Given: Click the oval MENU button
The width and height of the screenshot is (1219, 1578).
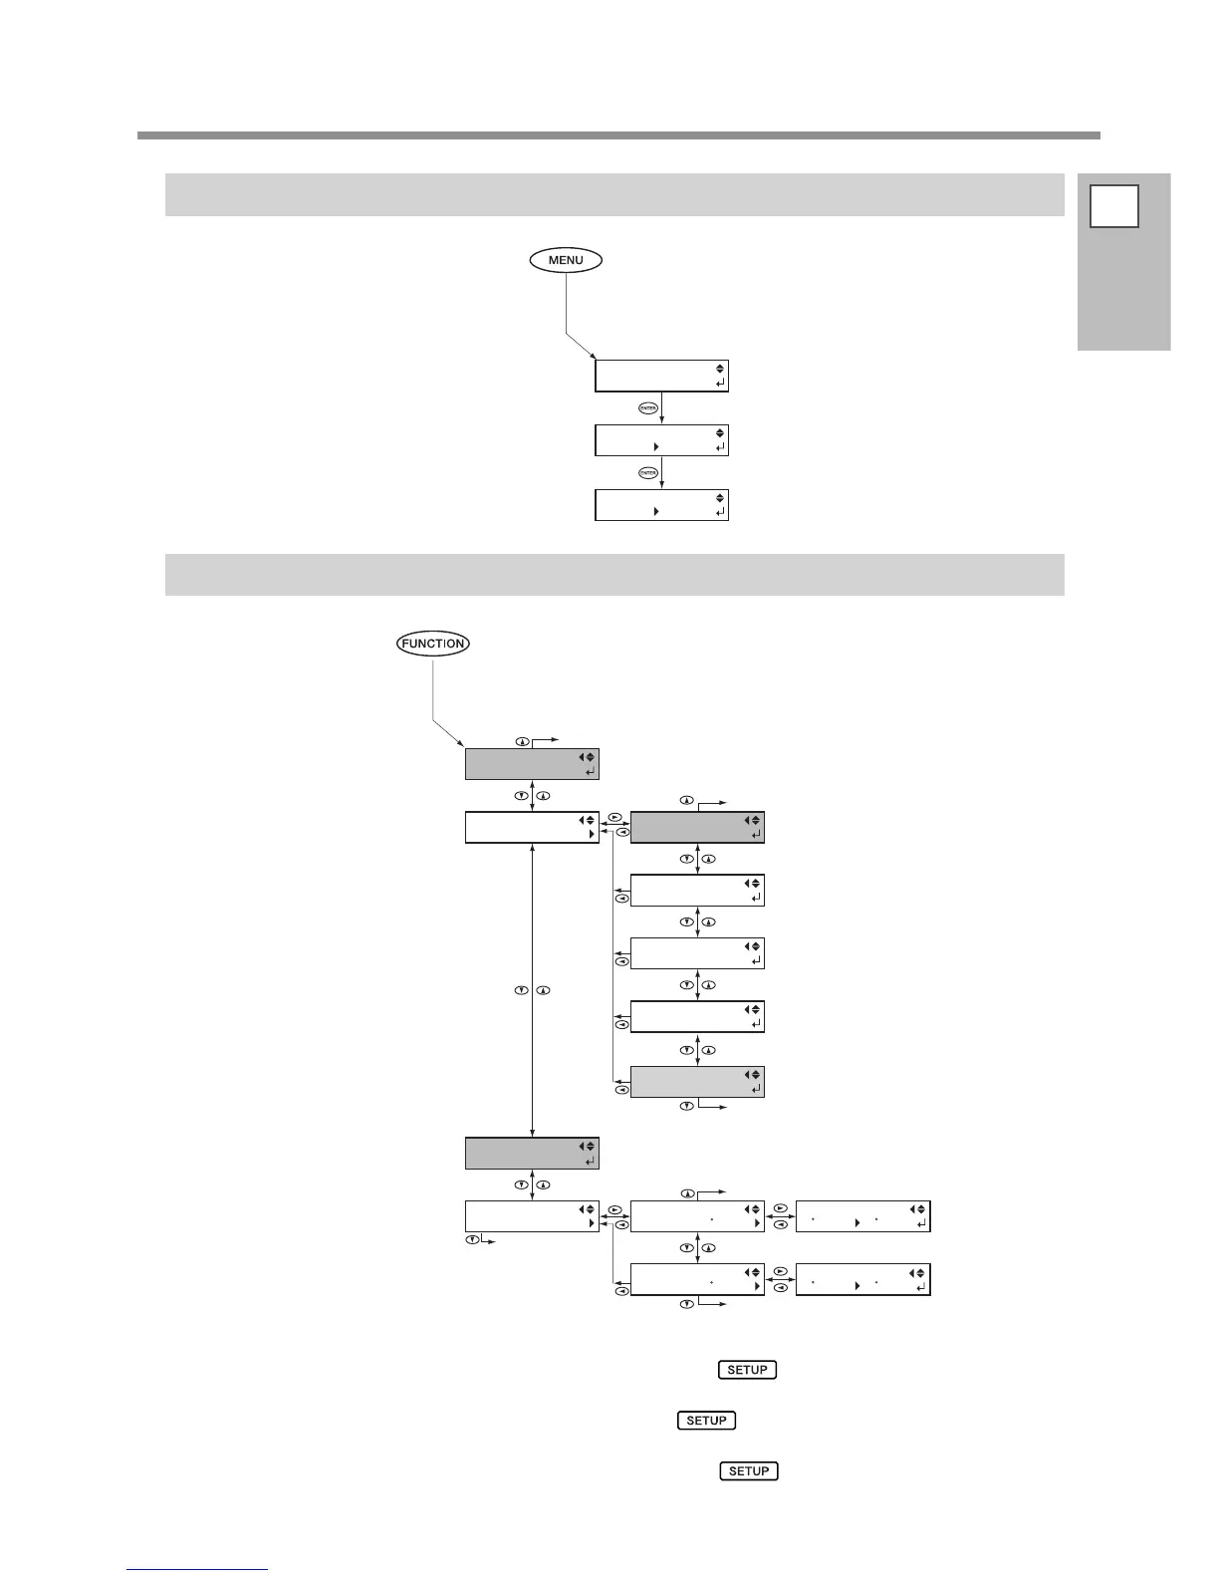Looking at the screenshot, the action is click(566, 260).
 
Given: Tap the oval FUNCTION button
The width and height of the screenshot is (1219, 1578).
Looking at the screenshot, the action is click(433, 644).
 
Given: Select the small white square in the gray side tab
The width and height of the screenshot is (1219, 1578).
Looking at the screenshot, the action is click(1113, 206).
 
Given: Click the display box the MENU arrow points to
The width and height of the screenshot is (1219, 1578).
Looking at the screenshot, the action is click(661, 376).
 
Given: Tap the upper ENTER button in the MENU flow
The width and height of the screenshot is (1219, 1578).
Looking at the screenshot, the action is click(647, 408).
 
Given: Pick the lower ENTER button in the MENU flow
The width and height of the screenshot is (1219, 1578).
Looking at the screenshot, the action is click(647, 472).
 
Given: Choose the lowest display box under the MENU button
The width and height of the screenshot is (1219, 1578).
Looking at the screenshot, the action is click(661, 504).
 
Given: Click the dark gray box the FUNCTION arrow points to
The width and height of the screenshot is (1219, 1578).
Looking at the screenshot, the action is click(532, 764).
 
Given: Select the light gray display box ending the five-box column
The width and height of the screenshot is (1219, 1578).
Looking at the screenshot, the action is click(697, 1082).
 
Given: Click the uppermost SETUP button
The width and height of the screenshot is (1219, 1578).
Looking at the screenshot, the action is click(747, 1370).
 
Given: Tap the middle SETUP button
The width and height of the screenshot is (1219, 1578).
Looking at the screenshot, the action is click(706, 1421).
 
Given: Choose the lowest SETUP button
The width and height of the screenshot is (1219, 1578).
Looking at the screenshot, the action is click(749, 1471).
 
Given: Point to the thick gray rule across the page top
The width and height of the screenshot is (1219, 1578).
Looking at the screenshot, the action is click(617, 134).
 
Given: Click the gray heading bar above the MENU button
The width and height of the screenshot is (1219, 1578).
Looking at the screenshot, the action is click(613, 194).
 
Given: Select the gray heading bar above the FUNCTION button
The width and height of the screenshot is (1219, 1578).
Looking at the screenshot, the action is click(613, 575).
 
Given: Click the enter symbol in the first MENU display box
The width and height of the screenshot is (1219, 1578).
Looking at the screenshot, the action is click(720, 383).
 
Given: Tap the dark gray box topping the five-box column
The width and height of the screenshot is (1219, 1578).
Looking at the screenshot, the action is click(697, 828).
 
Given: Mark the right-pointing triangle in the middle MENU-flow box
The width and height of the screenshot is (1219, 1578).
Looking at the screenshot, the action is click(655, 447).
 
